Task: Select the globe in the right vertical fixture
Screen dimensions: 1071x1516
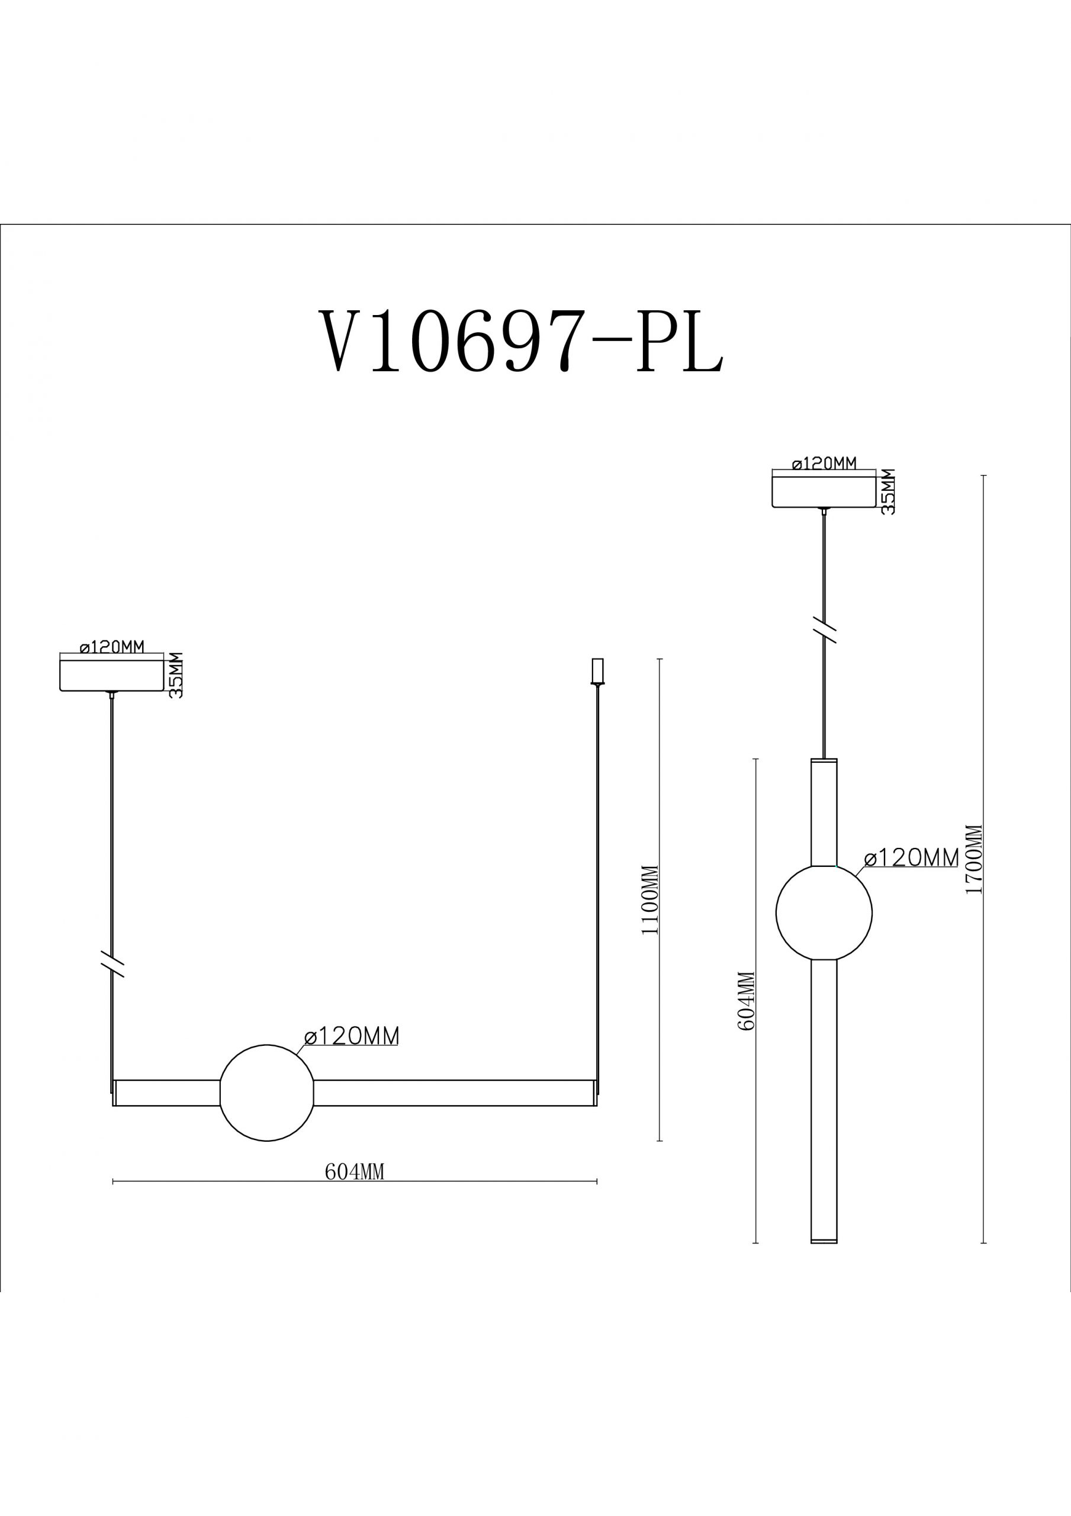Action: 824,913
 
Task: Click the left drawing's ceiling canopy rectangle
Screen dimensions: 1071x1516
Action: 111,673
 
